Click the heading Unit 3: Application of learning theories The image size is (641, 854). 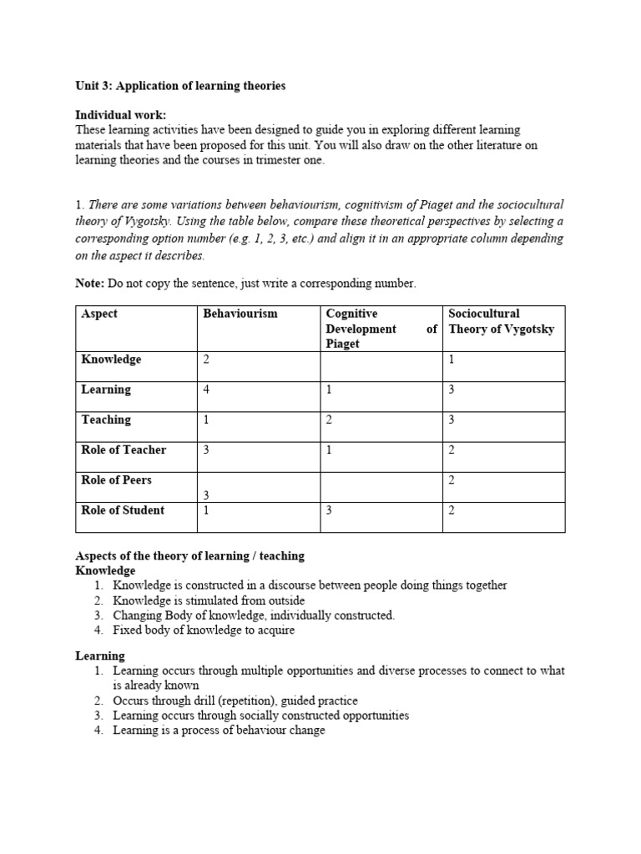[x=180, y=85]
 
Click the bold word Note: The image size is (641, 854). [x=89, y=284]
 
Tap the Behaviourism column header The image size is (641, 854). [x=240, y=314]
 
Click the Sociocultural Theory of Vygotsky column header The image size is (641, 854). [x=501, y=321]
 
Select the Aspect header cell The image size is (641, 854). [x=99, y=314]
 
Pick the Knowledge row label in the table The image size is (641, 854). [x=111, y=359]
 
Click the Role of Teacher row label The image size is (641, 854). [x=124, y=450]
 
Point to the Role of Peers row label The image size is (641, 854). [x=117, y=480]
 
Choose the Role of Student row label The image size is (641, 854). [x=123, y=510]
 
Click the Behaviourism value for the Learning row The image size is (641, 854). [x=207, y=390]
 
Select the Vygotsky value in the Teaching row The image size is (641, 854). [x=452, y=420]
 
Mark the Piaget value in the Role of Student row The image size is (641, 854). [x=330, y=510]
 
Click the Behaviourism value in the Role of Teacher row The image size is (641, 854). [x=207, y=450]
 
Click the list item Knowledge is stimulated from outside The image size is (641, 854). [x=209, y=600]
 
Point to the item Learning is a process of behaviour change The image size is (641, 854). [x=219, y=731]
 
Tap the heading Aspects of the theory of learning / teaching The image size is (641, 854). [x=190, y=555]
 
